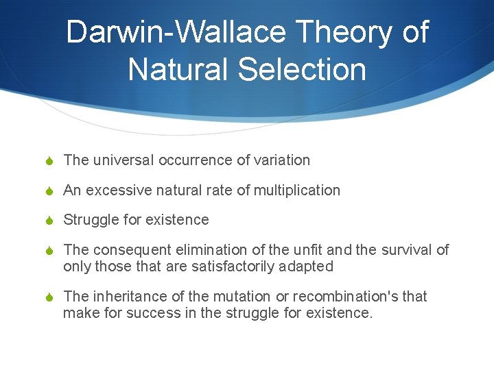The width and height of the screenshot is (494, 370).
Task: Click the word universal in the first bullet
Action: [x=122, y=160]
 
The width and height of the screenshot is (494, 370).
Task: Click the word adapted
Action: [x=304, y=266]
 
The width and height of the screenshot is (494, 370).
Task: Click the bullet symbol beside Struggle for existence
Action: [x=49, y=220]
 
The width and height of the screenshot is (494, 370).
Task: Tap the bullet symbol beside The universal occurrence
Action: [x=49, y=160]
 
